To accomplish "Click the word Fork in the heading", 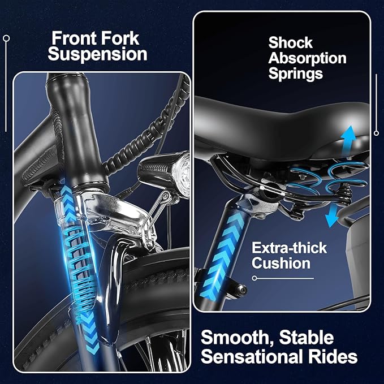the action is tap(120, 38).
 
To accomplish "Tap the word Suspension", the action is tap(97, 54).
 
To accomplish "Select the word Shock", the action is tap(291, 42).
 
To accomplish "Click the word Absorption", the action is tap(307, 58).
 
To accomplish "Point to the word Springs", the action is tap(296, 74).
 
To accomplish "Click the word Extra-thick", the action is tap(289, 248).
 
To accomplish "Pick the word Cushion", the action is tap(281, 264).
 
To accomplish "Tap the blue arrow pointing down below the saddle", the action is tap(332, 215).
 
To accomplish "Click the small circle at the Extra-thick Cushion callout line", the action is tap(254, 278).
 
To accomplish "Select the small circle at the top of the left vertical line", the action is tap(6, 38).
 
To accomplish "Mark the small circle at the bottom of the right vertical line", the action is tap(377, 133).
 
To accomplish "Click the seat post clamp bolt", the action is tap(242, 290).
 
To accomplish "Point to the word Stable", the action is tap(306, 338).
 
